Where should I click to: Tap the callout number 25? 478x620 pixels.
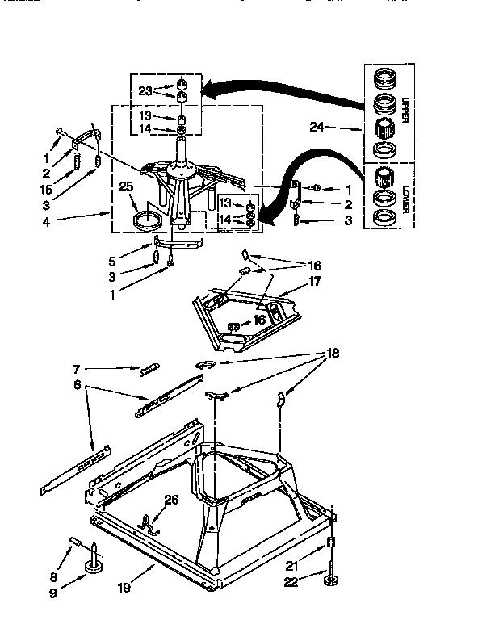(x=125, y=186)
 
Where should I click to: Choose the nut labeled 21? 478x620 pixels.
(x=331, y=542)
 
